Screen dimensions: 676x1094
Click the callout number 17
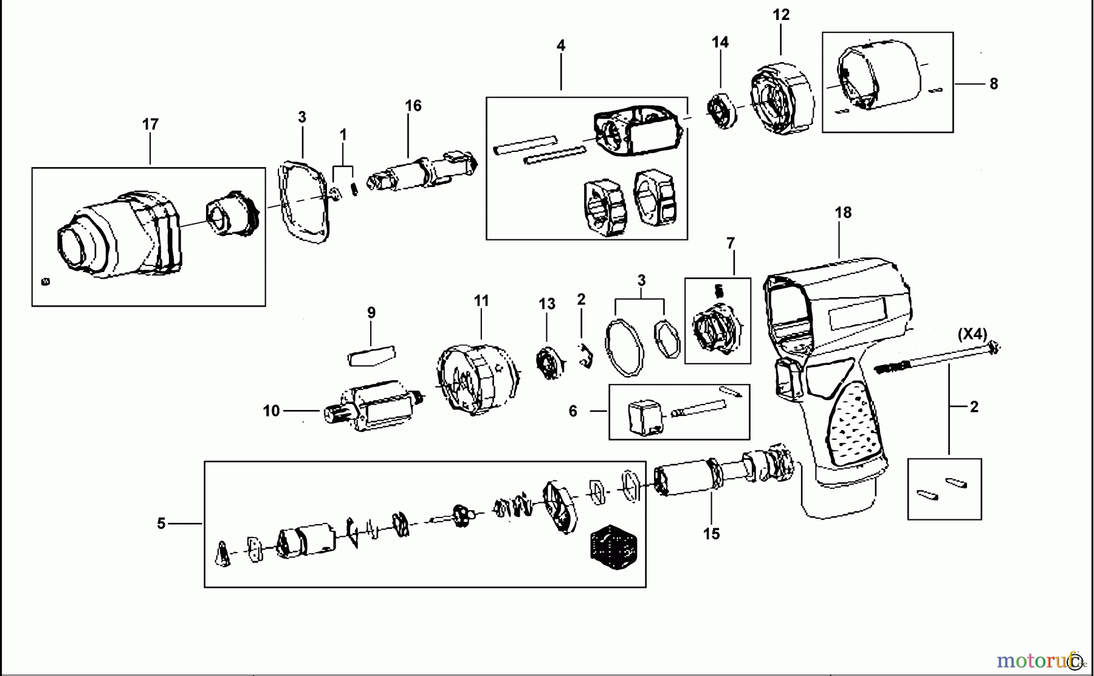(x=150, y=124)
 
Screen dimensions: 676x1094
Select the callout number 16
(x=413, y=106)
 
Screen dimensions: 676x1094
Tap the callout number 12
(x=781, y=15)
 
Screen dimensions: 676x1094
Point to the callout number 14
(x=720, y=42)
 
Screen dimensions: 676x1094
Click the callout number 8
(x=994, y=84)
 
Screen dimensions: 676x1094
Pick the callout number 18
(x=843, y=213)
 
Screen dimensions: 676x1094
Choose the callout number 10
(x=271, y=411)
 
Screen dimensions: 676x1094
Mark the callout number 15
(x=712, y=534)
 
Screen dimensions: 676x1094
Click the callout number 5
(x=161, y=524)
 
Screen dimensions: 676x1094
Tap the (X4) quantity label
(x=972, y=334)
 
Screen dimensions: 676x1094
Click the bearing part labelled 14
(x=721, y=111)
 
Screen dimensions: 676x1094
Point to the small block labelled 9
(x=371, y=356)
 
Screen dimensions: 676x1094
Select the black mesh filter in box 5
(x=613, y=547)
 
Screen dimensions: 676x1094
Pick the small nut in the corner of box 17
(x=45, y=282)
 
